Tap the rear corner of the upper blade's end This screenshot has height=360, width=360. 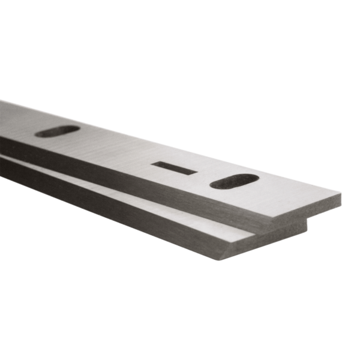coord(341,193)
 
